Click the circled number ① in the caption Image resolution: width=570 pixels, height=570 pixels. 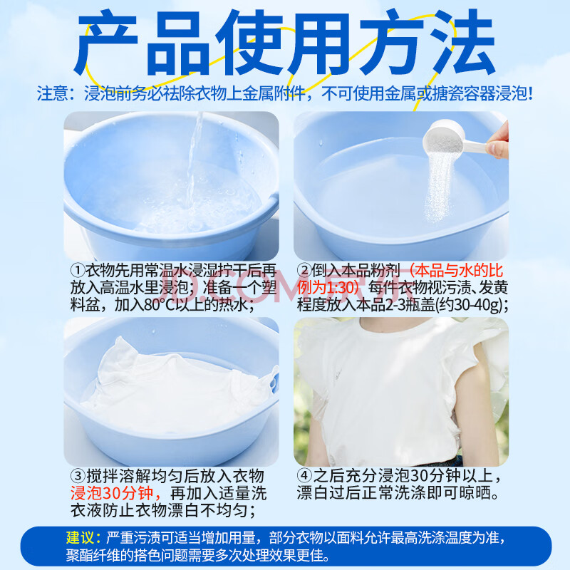point(78,270)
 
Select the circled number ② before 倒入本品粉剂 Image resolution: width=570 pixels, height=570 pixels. point(304,270)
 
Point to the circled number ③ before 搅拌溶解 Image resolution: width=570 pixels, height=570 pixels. point(78,476)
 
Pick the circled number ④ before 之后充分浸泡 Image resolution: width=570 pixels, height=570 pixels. point(305,475)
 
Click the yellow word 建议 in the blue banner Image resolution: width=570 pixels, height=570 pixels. point(80,537)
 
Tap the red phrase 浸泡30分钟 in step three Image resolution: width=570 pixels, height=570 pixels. point(112,493)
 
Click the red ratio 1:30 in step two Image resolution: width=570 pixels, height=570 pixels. point(339,288)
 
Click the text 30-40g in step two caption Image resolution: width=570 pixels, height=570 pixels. point(475,305)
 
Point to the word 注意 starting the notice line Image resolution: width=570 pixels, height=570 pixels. point(52,93)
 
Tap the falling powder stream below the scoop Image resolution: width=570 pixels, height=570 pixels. point(438,187)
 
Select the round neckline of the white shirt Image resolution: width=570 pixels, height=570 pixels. point(400,330)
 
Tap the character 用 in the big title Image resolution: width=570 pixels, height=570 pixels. point(319,43)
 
